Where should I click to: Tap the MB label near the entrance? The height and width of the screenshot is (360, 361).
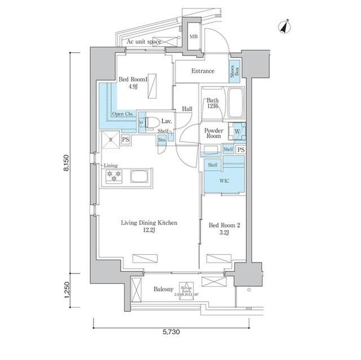[x=193, y=37]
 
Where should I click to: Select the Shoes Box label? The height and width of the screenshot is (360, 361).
[x=234, y=70]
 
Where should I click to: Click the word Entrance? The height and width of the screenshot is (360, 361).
[x=202, y=71]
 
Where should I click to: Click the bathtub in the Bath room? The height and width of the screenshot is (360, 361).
[x=235, y=105]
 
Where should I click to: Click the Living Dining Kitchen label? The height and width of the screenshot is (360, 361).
[x=149, y=227]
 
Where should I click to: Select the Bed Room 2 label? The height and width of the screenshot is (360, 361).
[x=224, y=229]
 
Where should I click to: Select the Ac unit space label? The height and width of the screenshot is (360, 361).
[x=144, y=42]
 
